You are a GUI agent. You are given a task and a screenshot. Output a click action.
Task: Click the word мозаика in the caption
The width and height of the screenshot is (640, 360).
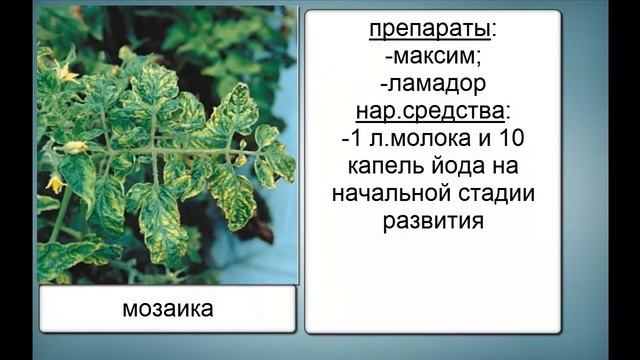pyautogui.click(x=167, y=309)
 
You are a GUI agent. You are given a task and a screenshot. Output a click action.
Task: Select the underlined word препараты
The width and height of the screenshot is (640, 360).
pyautogui.click(x=430, y=29)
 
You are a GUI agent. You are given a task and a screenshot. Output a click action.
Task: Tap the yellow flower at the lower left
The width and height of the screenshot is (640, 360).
pyautogui.click(x=56, y=184)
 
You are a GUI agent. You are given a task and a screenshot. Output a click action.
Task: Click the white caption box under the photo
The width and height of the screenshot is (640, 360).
pyautogui.click(x=167, y=309)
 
